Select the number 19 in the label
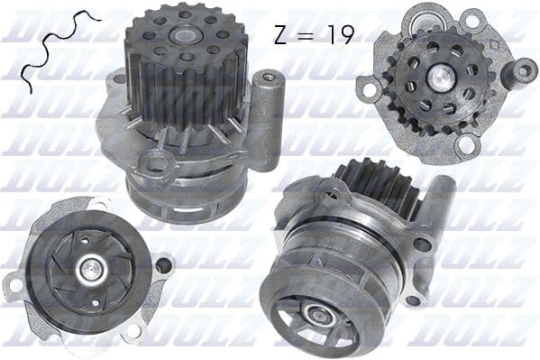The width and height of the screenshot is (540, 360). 338,34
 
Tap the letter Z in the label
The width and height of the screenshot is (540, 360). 279,34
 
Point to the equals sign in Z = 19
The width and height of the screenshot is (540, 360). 307,35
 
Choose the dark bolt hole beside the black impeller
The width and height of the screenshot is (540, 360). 162,265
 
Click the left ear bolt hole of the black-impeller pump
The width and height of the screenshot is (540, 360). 15,286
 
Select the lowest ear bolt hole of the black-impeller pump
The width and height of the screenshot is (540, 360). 133,330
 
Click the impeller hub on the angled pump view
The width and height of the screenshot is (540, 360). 316,314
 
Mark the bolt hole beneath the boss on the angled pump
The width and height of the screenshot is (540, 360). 420,245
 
